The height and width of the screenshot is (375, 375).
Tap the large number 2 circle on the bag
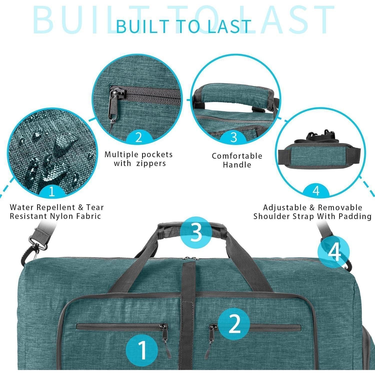pos(234,324)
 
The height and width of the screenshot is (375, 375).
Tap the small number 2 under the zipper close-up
pos(139,137)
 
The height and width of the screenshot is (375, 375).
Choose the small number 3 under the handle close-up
pos(233,137)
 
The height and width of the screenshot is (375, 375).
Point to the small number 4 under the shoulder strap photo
pos(316,191)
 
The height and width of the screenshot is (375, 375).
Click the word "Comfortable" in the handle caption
pos(237,156)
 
